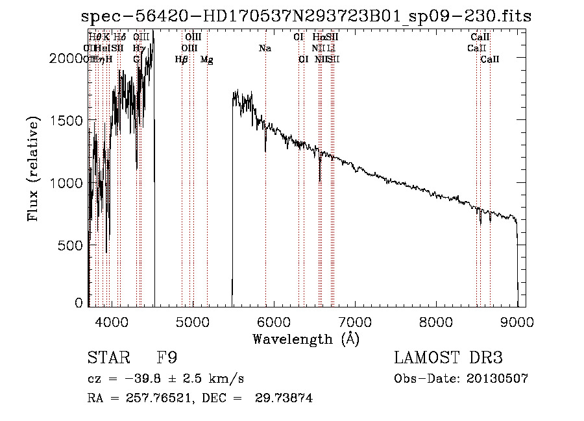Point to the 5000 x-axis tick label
tap(192, 322)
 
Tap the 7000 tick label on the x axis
tap(355, 322)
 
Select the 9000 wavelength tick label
tap(517, 322)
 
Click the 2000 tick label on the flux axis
tap(67, 58)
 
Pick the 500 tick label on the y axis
tap(72, 245)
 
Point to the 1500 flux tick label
tap(67, 121)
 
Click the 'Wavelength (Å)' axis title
tap(306, 339)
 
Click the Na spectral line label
tap(265, 48)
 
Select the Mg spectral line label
tap(206, 60)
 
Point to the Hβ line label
tap(182, 60)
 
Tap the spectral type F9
tap(167, 359)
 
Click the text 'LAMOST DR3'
tap(448, 359)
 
